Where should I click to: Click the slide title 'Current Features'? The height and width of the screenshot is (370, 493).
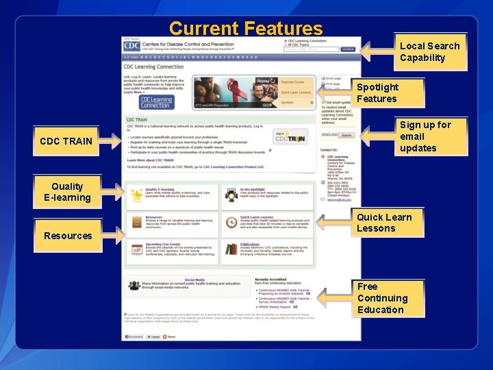(245, 29)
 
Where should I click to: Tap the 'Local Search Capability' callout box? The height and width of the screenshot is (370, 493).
(430, 52)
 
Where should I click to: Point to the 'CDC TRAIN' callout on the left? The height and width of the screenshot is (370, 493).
(66, 141)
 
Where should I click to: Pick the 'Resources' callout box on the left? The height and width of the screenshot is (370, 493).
(67, 236)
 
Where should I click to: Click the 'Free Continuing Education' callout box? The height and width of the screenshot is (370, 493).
(382, 298)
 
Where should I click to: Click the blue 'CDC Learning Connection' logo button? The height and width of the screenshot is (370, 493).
(156, 102)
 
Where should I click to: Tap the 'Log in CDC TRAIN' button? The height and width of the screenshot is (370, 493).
(290, 136)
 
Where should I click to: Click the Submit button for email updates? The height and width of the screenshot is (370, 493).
(346, 135)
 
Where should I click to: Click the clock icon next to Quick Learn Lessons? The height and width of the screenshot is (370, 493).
(230, 222)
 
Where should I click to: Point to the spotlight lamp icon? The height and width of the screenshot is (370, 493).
(230, 195)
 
